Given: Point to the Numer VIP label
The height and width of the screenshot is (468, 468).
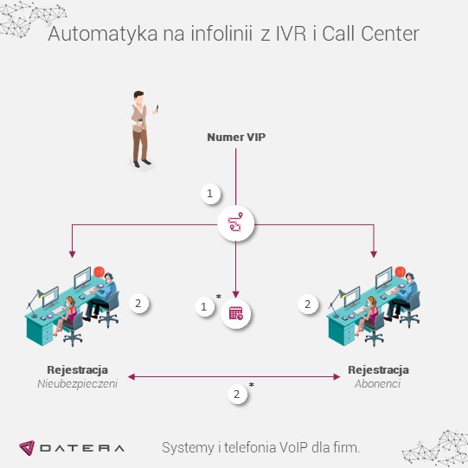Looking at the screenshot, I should (x=236, y=137).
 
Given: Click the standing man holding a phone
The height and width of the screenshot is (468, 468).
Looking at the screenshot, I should (x=141, y=127).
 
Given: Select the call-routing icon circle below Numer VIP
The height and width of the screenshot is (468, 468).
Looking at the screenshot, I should (x=236, y=226).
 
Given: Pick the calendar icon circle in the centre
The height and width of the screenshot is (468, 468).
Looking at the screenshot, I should (x=236, y=312).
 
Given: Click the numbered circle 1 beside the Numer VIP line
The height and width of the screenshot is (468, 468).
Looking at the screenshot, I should (x=208, y=195).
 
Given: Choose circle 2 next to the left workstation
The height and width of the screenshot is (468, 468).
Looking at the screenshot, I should (x=140, y=304).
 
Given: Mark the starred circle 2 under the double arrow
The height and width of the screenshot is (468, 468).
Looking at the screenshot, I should (x=237, y=394).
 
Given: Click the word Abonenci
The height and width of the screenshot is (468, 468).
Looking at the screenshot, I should (x=378, y=383).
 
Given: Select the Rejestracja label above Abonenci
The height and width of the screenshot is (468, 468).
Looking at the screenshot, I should (x=378, y=369).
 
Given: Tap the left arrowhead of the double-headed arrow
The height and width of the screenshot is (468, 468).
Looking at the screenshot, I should (x=131, y=376).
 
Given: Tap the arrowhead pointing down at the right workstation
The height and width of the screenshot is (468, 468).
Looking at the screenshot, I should (x=375, y=254).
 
